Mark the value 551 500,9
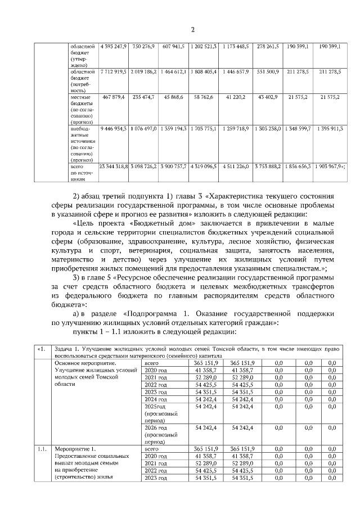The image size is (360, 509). point(268,73)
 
